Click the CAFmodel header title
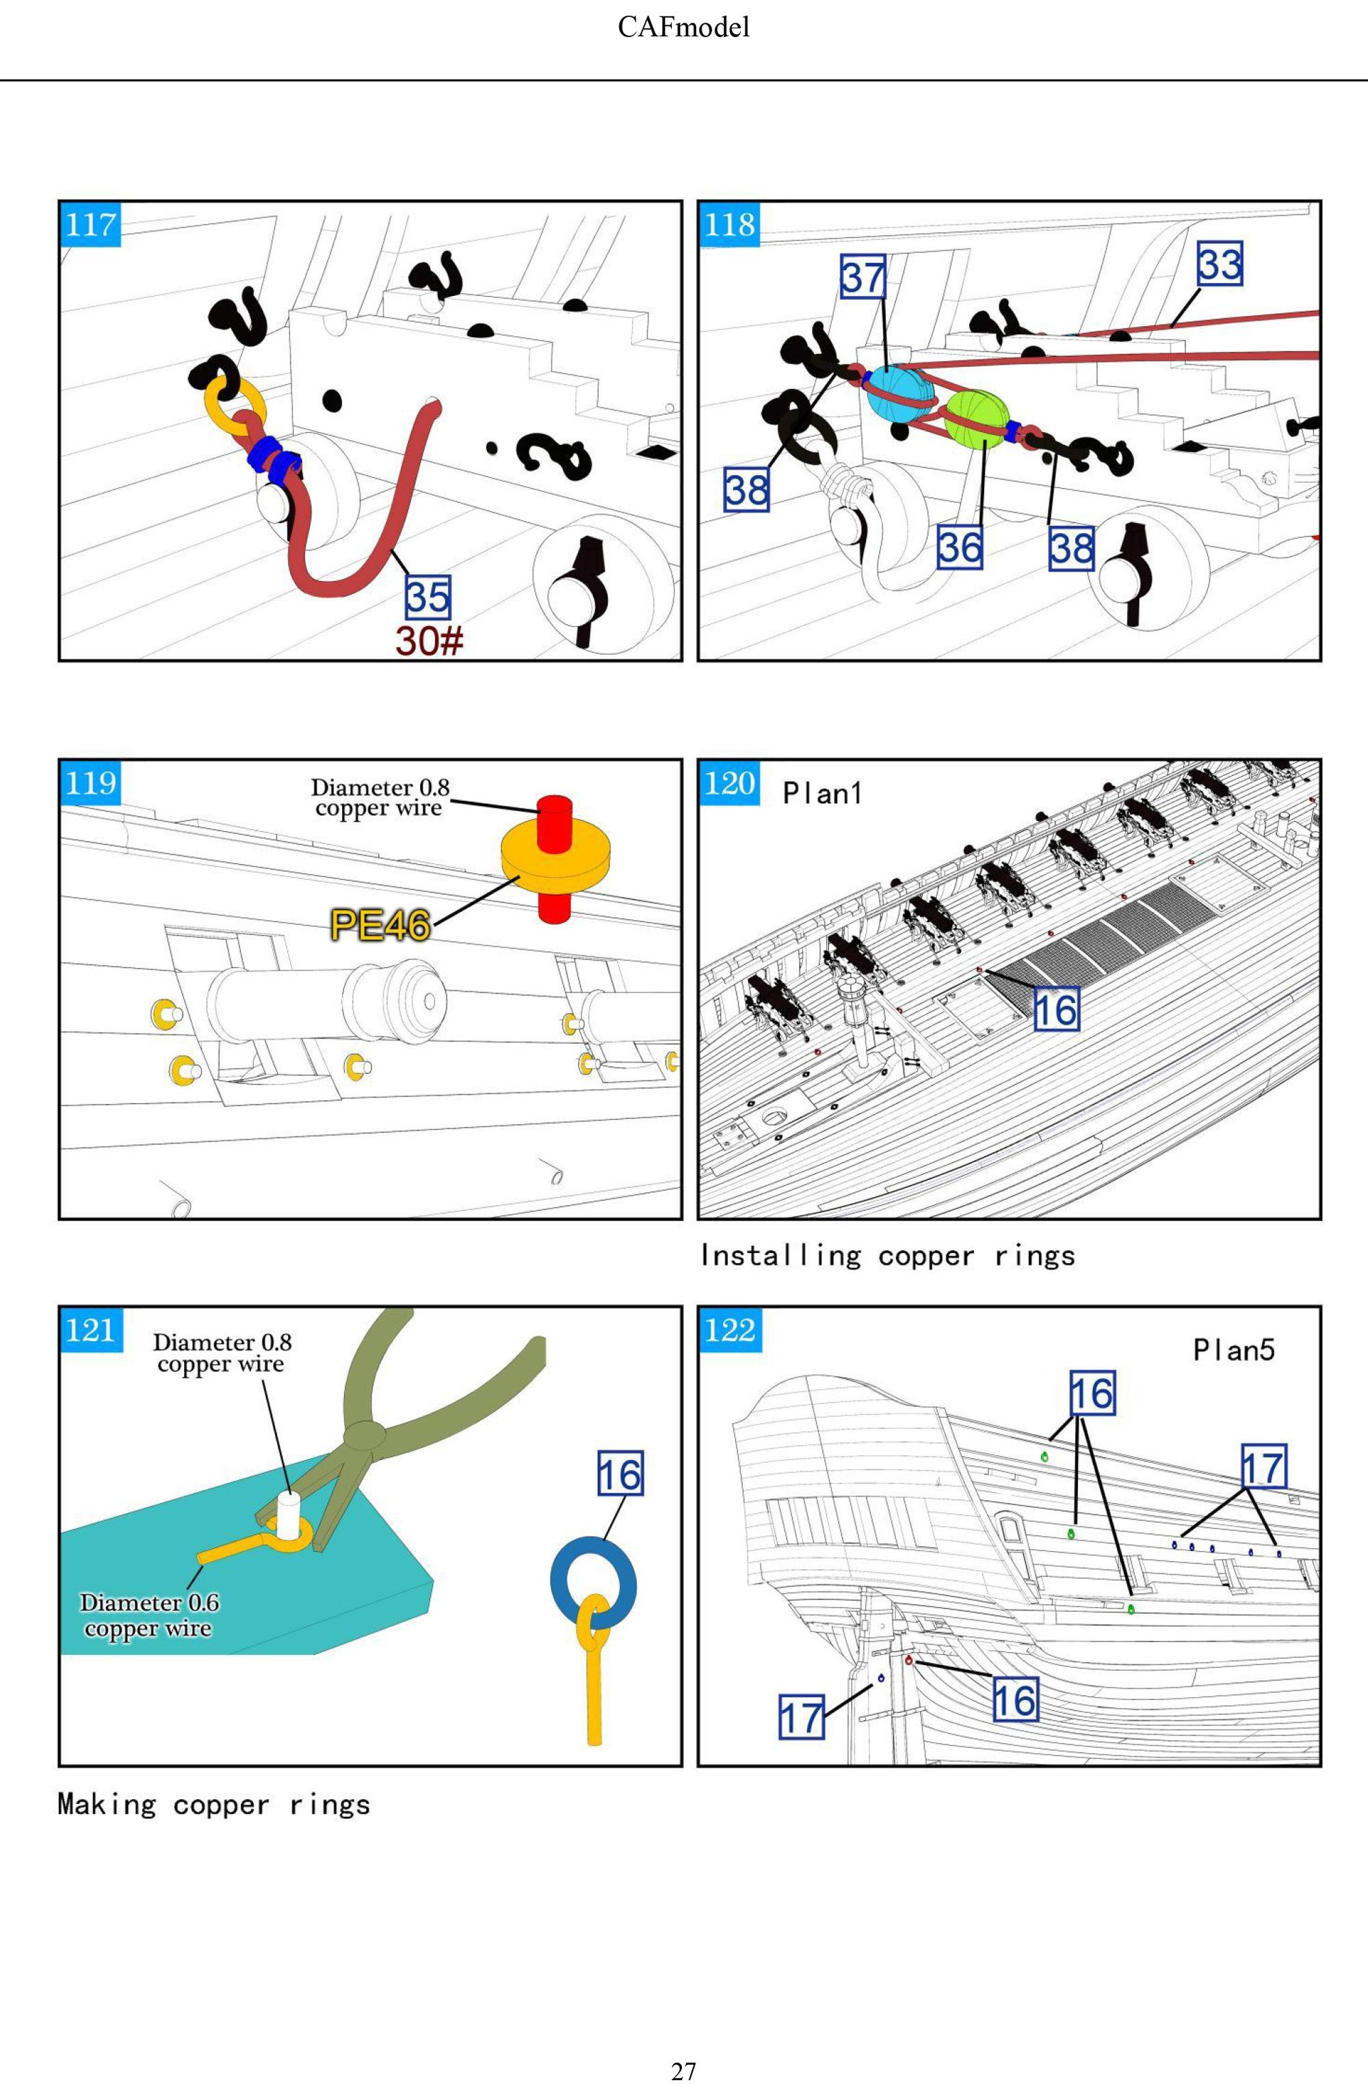[683, 27]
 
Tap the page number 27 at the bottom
[683, 2071]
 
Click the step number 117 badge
[90, 225]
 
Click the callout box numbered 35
[428, 596]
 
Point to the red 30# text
[428, 640]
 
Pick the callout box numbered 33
[1220, 264]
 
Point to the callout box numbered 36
[959, 547]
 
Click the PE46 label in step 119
[380, 924]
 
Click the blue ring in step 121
[593, 1580]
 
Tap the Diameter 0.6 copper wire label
[148, 1615]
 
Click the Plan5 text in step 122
[1233, 1350]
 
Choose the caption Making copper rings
[214, 1805]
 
